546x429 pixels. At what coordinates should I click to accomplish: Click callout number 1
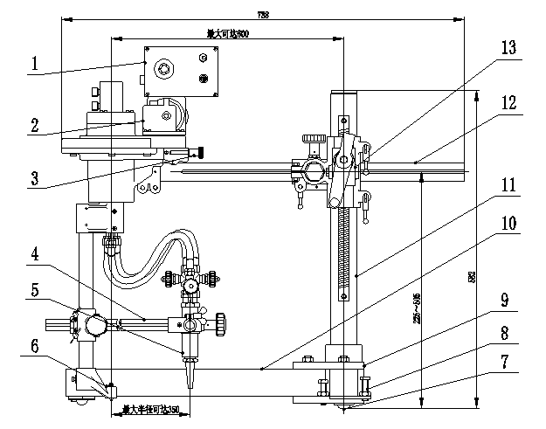click(x=34, y=64)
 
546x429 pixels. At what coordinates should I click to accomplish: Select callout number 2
click(x=34, y=125)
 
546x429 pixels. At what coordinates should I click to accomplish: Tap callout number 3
click(x=34, y=179)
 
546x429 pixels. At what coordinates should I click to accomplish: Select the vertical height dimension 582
click(x=496, y=277)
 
